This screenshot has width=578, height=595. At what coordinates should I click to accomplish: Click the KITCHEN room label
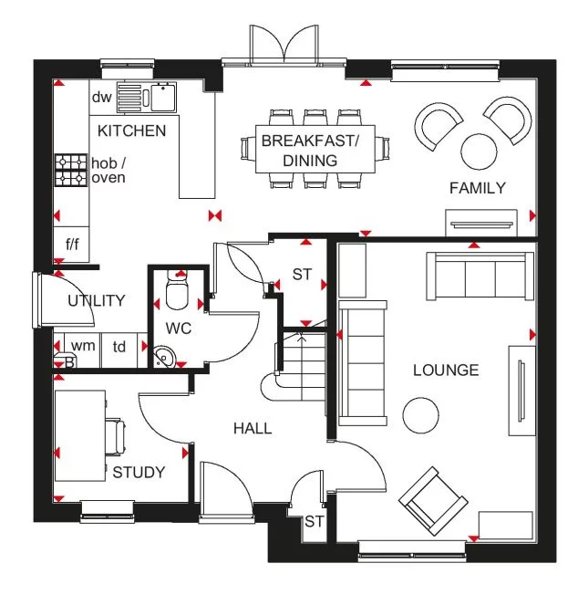tap(132, 130)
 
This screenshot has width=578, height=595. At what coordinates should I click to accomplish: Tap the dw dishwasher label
tap(100, 96)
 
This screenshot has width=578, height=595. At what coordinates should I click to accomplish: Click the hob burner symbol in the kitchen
tap(71, 170)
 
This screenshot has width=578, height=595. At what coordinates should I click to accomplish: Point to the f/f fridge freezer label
tap(72, 245)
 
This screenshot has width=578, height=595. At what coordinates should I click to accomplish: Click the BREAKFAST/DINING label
tap(311, 151)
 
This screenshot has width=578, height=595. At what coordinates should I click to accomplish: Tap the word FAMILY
tap(477, 188)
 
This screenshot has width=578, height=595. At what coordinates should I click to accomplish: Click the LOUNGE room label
tap(446, 370)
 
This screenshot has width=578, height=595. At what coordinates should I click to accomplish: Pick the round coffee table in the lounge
tap(422, 415)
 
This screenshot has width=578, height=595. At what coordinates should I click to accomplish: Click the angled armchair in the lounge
tap(435, 500)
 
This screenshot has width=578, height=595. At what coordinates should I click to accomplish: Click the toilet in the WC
tap(178, 293)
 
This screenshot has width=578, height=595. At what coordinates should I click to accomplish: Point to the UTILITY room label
tap(96, 300)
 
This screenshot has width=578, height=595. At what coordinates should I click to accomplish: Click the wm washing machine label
tap(83, 346)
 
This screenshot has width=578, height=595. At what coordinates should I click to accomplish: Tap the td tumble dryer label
tap(119, 346)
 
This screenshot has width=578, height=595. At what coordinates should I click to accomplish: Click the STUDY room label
tap(139, 472)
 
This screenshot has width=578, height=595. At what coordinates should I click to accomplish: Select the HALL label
tap(252, 428)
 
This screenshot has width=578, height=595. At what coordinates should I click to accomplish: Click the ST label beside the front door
tap(315, 522)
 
